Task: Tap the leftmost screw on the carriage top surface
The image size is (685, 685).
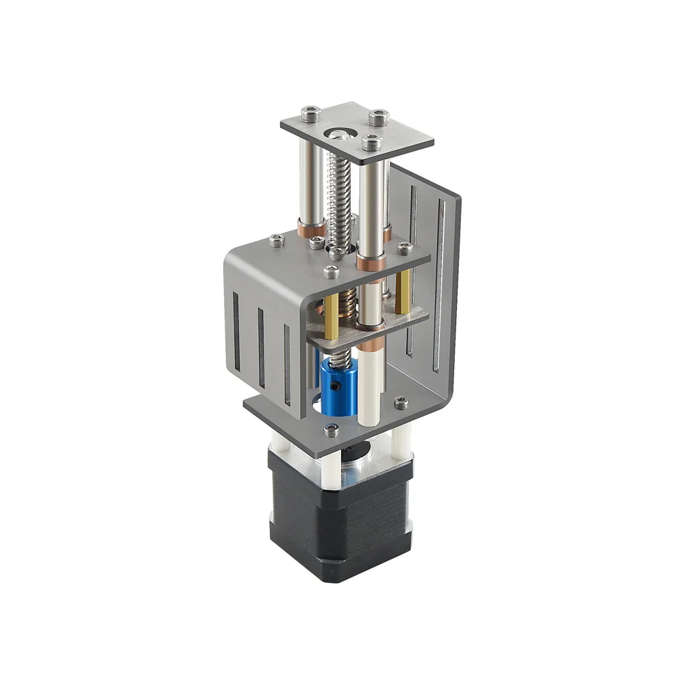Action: point(276,240)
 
